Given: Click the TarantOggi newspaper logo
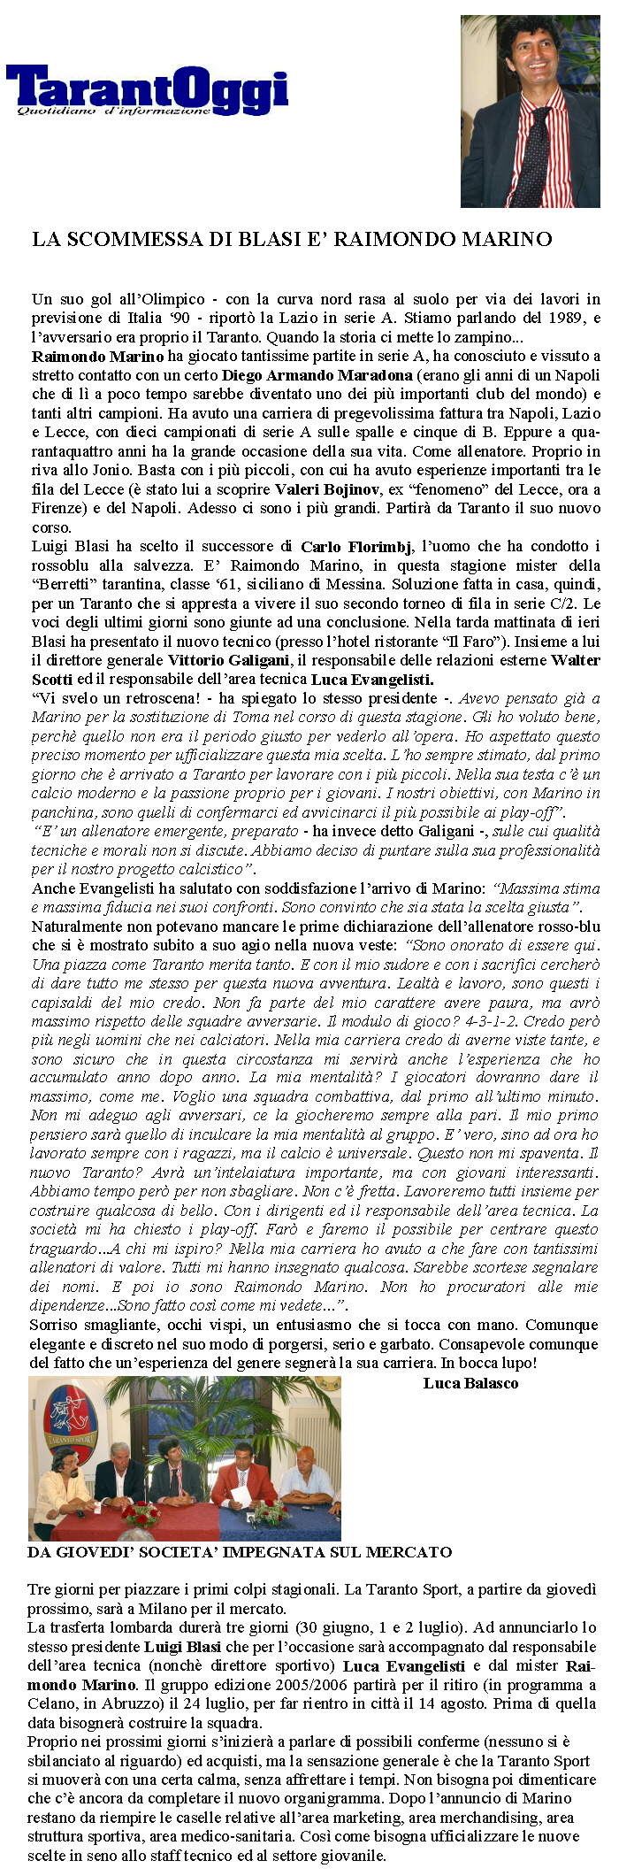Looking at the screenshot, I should pos(147,90).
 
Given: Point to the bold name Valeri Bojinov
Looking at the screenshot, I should pos(326,489).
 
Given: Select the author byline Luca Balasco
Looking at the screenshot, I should pos(470,1383).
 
